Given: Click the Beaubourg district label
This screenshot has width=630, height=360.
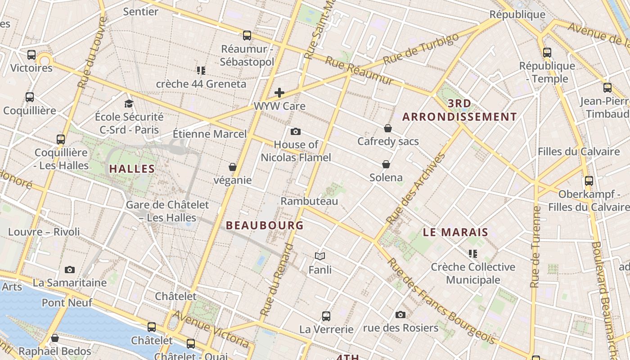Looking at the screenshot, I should coord(265,225).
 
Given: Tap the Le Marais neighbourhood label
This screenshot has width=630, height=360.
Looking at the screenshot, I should coord(455,232).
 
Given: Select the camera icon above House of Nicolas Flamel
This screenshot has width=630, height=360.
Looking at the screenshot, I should coord(296,131).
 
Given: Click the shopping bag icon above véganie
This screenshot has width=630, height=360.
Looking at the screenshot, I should coord(233,167).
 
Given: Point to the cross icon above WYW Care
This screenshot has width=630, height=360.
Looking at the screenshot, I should coord(279,93).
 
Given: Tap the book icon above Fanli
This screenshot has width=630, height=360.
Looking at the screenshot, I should coord(320,256).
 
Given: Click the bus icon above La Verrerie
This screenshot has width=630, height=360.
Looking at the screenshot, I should coord(326,316).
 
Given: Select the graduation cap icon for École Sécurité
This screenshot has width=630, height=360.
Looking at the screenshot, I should coord(129,103).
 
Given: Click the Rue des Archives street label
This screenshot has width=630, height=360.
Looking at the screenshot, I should coord(416,189).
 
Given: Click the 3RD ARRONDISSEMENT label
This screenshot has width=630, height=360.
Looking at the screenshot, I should coord(459,110).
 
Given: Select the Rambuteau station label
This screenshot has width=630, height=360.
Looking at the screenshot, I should coord(309,201).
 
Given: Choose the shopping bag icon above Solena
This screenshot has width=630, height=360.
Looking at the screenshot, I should coord(386,164).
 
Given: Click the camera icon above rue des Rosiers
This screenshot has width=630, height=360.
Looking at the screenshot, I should coord(400,315).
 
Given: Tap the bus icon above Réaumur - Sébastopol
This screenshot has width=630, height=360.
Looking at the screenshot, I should coord(247,36).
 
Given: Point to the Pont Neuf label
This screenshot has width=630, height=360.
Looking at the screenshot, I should coord(67,302).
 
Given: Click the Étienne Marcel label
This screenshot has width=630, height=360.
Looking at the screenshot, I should coord(210,134).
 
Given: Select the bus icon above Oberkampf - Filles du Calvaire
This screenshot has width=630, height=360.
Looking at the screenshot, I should coord(589,181).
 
